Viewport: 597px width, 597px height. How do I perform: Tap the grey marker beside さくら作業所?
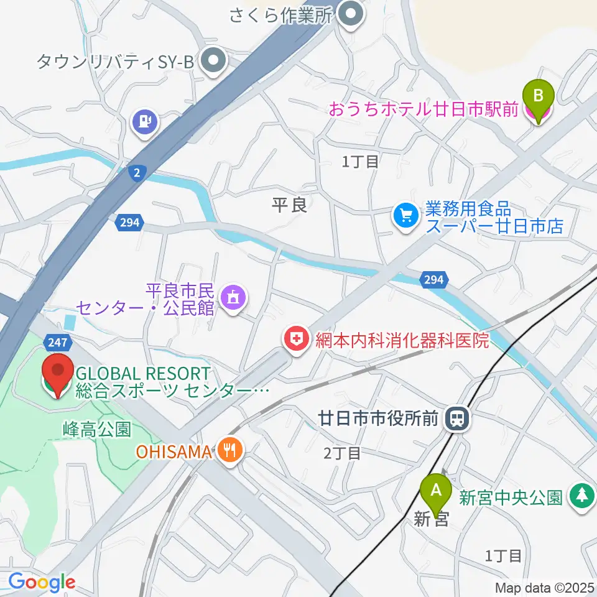(353, 14)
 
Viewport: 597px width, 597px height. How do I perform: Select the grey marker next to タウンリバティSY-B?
(215, 60)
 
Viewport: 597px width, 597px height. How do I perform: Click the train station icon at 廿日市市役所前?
(458, 419)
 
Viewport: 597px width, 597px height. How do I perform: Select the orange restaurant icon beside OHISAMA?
(230, 450)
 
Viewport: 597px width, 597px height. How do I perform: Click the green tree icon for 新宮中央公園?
(581, 497)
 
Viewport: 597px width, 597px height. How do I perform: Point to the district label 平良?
(290, 205)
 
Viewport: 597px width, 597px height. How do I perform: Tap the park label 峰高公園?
(96, 428)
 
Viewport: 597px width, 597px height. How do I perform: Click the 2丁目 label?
(342, 453)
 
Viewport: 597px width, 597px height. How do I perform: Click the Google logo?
(42, 582)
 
